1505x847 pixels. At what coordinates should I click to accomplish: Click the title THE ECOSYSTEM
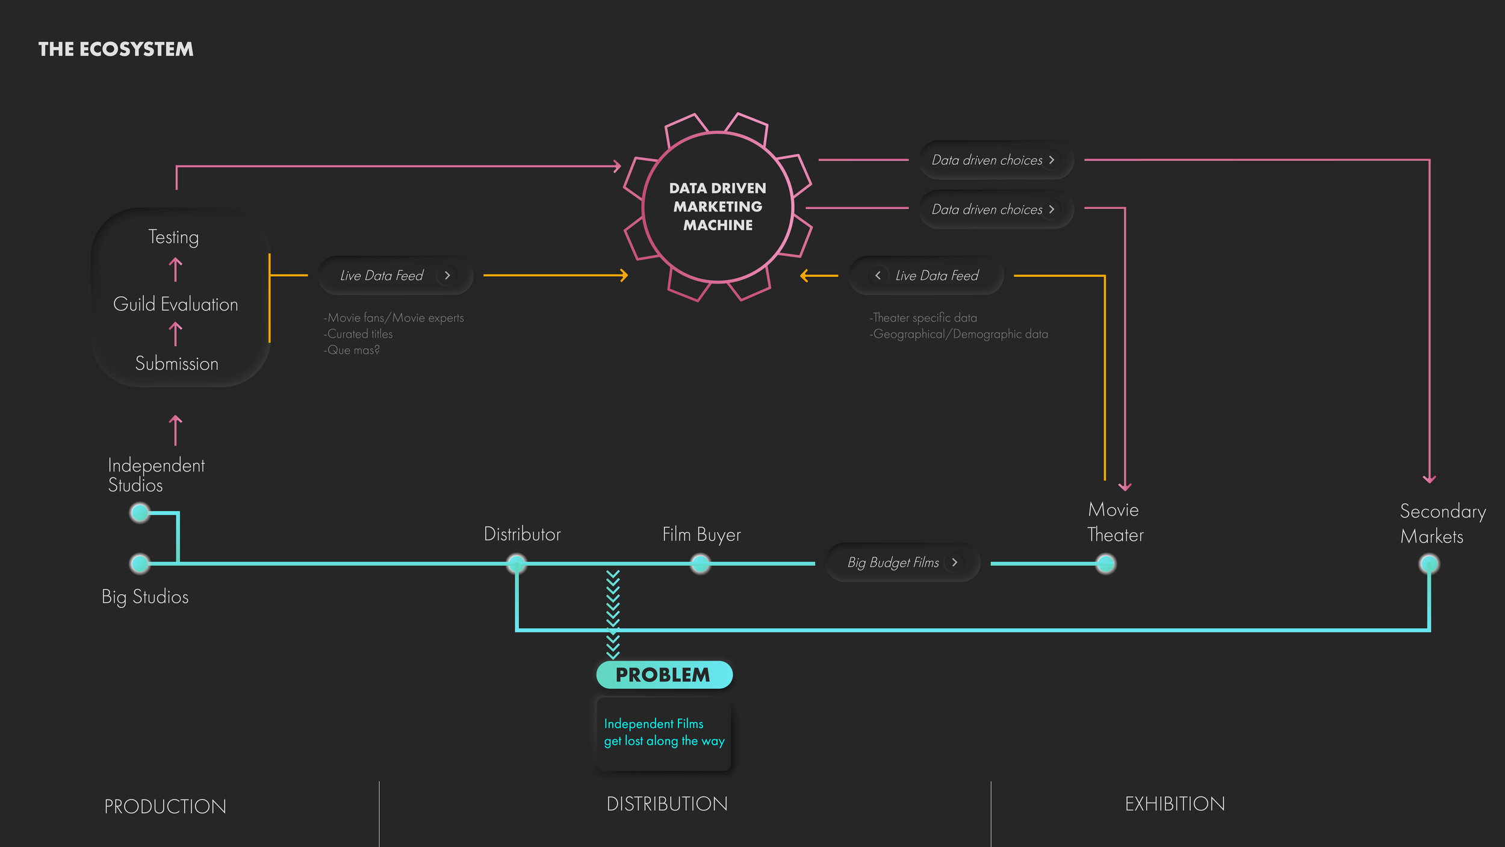(116, 49)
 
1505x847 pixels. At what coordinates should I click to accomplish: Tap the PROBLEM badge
(664, 675)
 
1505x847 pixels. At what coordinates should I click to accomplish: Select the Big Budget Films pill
(902, 562)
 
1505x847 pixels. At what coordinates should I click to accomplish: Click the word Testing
(173, 237)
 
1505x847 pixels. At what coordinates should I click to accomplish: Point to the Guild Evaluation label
(176, 304)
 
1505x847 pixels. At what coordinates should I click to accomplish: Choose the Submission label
(176, 364)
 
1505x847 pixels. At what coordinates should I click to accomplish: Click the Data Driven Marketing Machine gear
(718, 206)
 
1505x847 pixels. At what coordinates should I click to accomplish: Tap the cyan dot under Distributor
(516, 563)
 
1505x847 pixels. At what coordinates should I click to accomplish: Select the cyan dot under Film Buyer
(700, 563)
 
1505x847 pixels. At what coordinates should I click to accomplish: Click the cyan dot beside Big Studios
(140, 563)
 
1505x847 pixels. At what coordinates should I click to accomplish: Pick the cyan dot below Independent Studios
(140, 513)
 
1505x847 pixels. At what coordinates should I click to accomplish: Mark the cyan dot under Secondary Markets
(1429, 563)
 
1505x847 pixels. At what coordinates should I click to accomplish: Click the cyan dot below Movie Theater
(1105, 563)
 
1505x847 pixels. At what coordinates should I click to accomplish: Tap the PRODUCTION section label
(165, 807)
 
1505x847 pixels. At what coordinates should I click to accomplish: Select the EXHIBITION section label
(1175, 804)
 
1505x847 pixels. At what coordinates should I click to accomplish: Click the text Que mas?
(352, 350)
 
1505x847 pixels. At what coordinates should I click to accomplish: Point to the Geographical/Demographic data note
(958, 334)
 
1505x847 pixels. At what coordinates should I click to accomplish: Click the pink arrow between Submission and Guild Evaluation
(175, 334)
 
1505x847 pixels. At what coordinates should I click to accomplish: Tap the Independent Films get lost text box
(663, 733)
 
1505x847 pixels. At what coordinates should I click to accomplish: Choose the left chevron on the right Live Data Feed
(878, 275)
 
